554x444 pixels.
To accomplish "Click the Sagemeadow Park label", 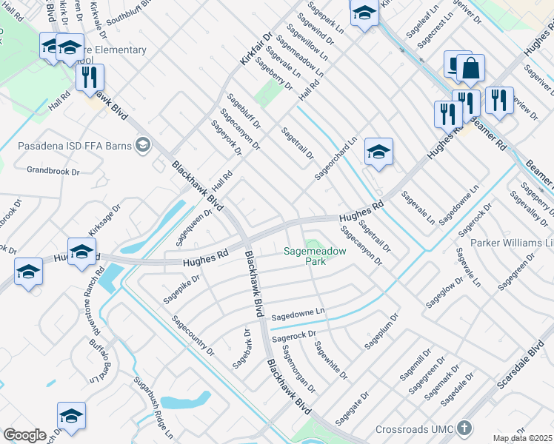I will tap(315, 256).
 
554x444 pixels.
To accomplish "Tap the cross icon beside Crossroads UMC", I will tap(464, 428).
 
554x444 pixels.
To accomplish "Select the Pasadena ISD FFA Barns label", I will tap(74, 144).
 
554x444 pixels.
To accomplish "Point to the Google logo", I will tap(24, 435).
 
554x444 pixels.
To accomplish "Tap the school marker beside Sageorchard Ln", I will tap(378, 152).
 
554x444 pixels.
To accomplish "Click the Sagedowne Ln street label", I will tap(298, 315).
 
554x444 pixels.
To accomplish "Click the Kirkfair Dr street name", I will tap(256, 47).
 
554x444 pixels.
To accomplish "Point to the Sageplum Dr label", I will tap(381, 332).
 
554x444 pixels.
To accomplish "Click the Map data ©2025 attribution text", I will tap(523, 438).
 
